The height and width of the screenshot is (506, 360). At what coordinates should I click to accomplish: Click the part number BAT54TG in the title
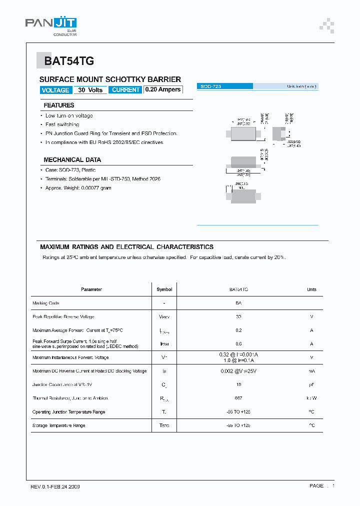click(x=69, y=61)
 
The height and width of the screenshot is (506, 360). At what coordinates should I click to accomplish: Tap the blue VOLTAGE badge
click(x=55, y=90)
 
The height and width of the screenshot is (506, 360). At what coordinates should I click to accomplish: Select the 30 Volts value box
click(x=90, y=90)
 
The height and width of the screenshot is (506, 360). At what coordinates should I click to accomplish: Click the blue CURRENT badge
click(x=125, y=90)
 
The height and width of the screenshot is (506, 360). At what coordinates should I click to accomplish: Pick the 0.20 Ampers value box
click(x=163, y=90)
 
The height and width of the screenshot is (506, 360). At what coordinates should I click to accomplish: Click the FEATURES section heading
click(x=59, y=105)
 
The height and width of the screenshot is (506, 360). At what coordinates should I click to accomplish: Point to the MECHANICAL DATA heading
click(x=72, y=160)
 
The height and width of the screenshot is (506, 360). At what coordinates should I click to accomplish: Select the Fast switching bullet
click(x=62, y=124)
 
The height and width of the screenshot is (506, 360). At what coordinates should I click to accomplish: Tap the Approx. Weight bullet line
click(x=78, y=188)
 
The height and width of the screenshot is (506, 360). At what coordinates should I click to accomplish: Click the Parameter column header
click(x=91, y=289)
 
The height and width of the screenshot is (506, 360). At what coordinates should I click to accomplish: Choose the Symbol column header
click(x=164, y=289)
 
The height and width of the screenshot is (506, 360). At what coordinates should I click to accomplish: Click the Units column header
click(x=311, y=289)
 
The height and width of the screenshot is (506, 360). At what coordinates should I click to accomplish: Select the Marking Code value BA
click(x=238, y=303)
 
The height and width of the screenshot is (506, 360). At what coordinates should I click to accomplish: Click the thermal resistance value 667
click(x=238, y=398)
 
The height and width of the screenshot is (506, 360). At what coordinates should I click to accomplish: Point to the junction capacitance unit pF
click(x=311, y=385)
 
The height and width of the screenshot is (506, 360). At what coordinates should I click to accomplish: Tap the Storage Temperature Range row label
click(x=59, y=425)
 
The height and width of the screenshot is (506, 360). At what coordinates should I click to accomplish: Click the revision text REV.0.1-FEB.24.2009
click(x=55, y=486)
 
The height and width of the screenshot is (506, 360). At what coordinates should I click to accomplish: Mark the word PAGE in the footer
click(x=316, y=486)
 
